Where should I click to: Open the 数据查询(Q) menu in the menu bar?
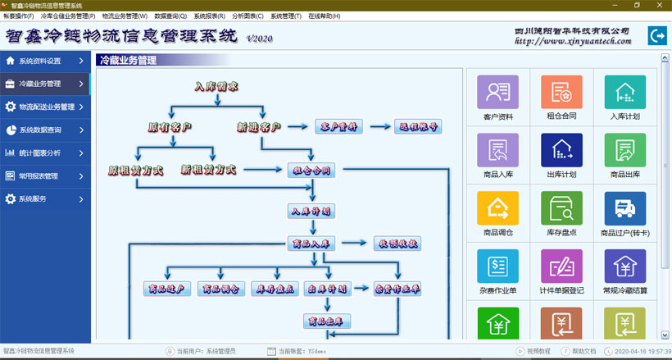tap(170, 16)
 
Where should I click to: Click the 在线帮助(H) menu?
tap(324, 16)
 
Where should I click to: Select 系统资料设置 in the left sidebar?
tap(41, 61)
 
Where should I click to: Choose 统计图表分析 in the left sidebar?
tap(41, 153)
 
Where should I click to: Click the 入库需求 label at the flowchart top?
tap(216, 86)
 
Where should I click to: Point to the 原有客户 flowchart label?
tap(170, 127)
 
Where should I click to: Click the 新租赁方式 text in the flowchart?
tap(208, 170)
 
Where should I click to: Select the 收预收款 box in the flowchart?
tap(397, 243)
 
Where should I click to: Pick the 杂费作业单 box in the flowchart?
tap(397, 289)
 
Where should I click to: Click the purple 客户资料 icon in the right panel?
tap(497, 93)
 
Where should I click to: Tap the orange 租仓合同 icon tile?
tap(561, 93)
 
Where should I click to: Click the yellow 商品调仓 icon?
tap(497, 208)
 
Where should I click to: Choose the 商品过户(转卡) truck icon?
tap(624, 208)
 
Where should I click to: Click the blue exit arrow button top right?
tap(656, 35)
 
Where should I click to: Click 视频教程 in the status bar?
tap(534, 351)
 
